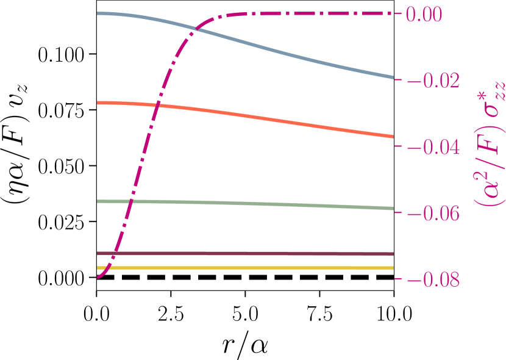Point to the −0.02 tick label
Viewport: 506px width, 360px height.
(x=433, y=81)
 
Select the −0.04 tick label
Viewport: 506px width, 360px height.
(x=433, y=148)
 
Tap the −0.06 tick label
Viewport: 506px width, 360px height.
(x=433, y=214)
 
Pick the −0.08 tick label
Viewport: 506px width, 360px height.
(x=433, y=281)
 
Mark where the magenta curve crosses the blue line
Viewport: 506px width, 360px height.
(x=195, y=28)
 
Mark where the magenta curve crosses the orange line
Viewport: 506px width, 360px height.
(x=157, y=105)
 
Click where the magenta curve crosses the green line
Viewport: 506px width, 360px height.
(x=130, y=201)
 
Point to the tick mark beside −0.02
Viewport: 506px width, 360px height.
(x=398, y=80)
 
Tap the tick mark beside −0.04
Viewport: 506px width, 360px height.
(x=398, y=146)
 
